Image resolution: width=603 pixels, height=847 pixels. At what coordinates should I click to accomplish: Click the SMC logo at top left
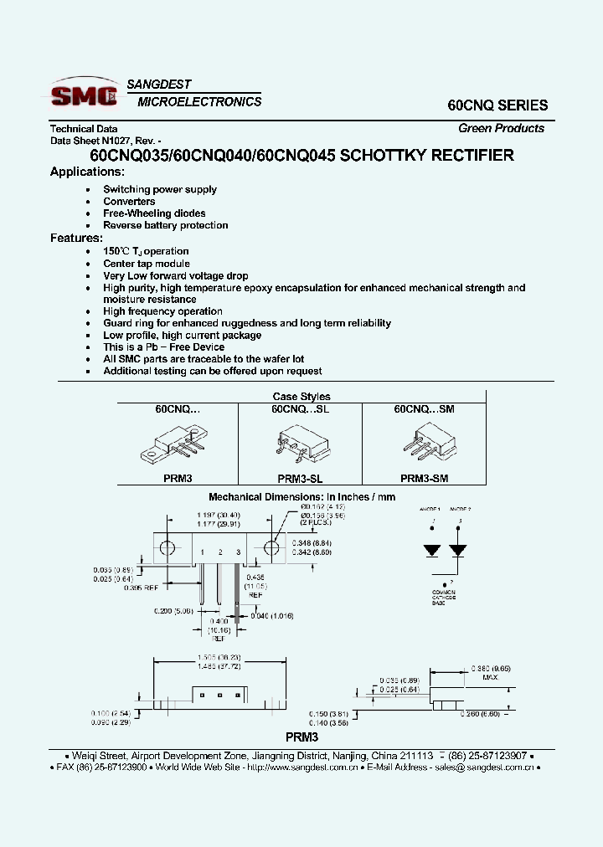[84, 95]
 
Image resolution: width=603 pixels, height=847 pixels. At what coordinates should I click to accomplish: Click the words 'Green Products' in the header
[501, 128]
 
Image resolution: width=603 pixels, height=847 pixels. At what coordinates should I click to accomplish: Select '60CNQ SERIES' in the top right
[497, 105]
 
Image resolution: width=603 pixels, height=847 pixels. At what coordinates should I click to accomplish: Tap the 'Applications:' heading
[87, 172]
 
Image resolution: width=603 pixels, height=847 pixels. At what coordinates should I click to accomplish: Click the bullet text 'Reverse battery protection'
[165, 225]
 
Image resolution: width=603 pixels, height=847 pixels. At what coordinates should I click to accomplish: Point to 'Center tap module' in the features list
[147, 264]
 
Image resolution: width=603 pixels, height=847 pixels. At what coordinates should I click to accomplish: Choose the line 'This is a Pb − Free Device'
[163, 346]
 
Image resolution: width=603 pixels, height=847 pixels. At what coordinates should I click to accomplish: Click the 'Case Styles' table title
[301, 397]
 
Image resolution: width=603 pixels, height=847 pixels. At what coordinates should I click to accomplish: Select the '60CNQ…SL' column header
[299, 409]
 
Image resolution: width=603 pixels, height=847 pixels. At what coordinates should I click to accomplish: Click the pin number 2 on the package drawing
[219, 552]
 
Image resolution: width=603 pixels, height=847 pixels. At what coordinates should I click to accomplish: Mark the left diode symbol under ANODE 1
[432, 551]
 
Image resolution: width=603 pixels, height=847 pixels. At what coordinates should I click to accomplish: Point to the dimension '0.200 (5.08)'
[174, 611]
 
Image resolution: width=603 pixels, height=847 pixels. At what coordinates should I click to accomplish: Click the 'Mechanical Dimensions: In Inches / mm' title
[301, 496]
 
